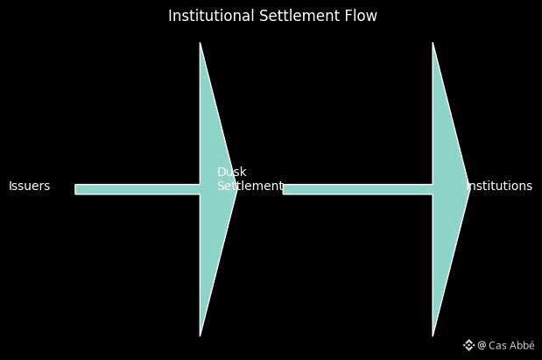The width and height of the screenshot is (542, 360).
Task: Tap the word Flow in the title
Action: coord(362,16)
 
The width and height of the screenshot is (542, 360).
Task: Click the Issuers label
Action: coord(29,187)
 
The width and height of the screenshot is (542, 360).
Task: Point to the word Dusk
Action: coord(231,173)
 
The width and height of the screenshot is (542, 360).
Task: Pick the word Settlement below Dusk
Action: coord(250,187)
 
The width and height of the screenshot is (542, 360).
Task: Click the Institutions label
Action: coord(500,187)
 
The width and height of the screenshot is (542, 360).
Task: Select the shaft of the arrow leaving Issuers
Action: coord(136,189)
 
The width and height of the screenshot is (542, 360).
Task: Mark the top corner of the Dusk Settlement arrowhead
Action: coord(201,44)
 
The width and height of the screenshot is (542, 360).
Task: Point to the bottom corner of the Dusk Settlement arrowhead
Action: coord(201,334)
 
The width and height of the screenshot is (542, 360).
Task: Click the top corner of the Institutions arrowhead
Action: coord(433,44)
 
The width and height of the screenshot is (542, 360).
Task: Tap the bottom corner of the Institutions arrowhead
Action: coord(433,334)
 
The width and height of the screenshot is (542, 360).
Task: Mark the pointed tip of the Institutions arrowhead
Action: coord(468,189)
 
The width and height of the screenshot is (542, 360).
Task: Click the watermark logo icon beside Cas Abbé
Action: coord(468,345)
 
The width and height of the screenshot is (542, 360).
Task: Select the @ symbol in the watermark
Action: coord(482,345)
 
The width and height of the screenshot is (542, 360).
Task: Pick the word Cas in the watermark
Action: coord(497,345)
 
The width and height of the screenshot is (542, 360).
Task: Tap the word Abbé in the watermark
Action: coord(522,345)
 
